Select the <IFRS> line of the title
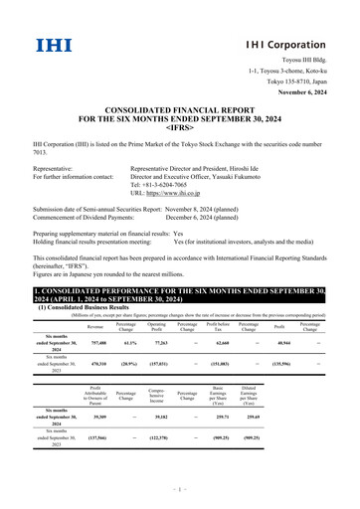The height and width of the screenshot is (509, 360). pyautogui.click(x=180, y=126)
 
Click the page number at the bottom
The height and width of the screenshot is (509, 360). pyautogui.click(x=180, y=491)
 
